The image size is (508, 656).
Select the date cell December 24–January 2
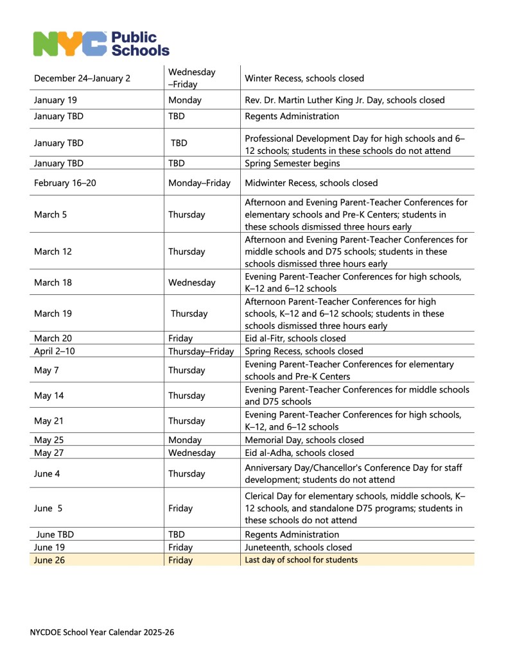(82, 79)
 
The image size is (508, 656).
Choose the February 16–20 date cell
(66, 183)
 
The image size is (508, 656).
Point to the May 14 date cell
(49, 396)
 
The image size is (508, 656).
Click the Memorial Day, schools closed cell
(304, 440)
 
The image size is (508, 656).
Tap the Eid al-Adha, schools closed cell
(299, 453)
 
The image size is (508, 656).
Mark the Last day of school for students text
(301, 560)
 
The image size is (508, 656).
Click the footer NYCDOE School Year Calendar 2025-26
(102, 632)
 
